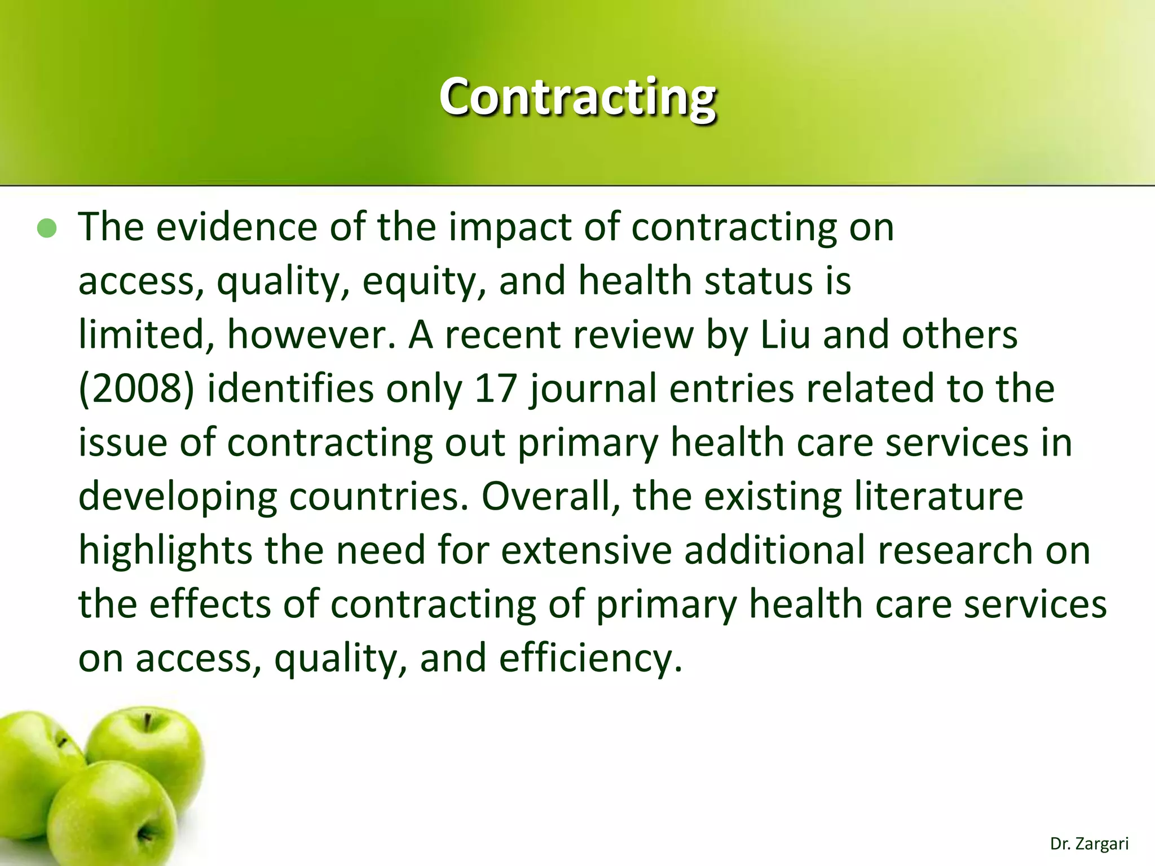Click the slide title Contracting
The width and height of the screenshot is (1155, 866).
[577, 97]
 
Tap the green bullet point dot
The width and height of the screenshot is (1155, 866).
[47, 228]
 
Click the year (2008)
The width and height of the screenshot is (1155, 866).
[136, 389]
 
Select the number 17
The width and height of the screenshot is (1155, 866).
[496, 388]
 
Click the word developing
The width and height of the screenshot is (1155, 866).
[178, 497]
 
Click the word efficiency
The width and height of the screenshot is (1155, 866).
[590, 659]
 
